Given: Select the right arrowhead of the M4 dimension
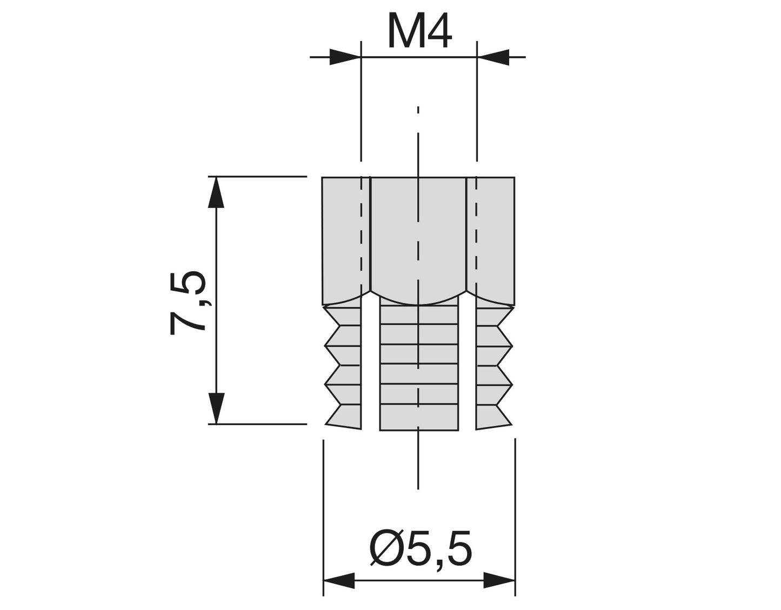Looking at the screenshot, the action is click(493, 57).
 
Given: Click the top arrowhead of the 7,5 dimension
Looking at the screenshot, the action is click(216, 192).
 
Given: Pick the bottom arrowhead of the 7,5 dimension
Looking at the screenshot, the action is click(216, 408).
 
